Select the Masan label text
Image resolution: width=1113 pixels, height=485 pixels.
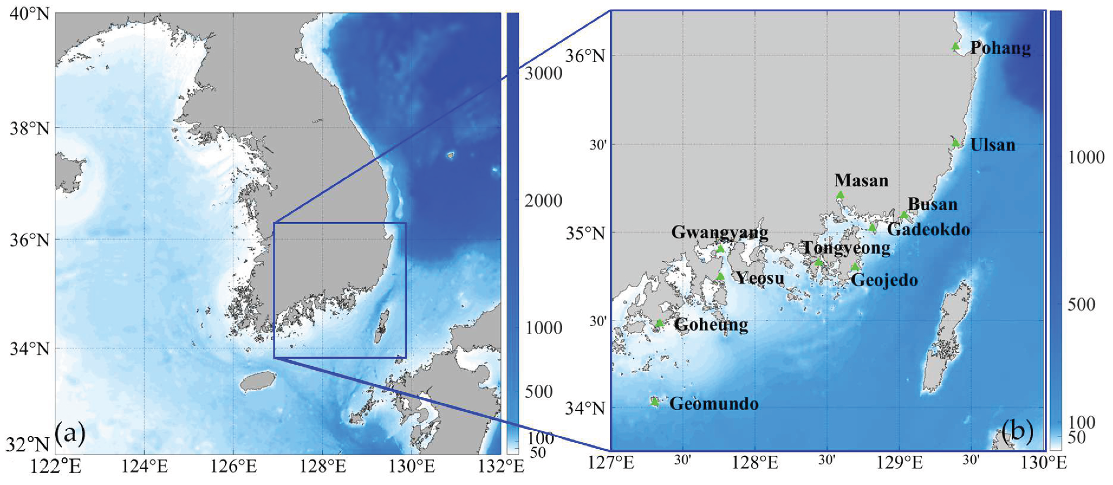point(861,180)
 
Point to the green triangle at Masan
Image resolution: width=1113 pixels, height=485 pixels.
point(840,195)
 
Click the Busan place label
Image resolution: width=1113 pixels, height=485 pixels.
point(933,204)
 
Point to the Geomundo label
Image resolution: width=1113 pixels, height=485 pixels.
point(714,404)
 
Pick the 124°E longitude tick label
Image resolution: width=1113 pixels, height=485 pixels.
point(144,466)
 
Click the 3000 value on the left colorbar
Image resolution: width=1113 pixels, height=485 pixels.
point(543,73)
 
